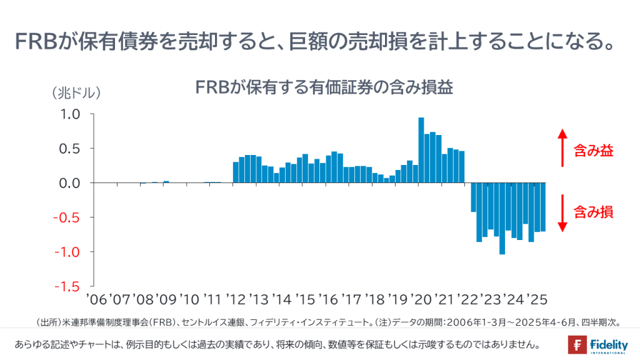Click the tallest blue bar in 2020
pos(421,150)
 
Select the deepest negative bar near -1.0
pos(502,218)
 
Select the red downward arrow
pos(562,213)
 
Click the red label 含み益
pos(594,151)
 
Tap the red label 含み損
pos(594,212)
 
